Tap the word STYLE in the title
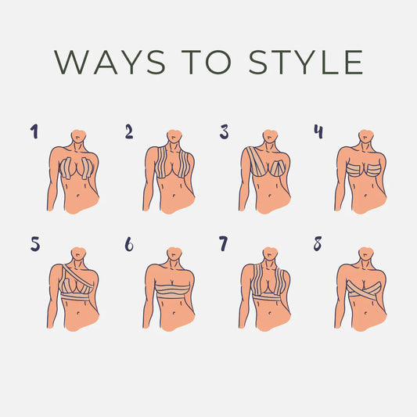[306, 62]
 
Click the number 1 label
[34, 131]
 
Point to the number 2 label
[129, 131]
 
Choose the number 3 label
[224, 132]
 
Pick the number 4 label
[318, 131]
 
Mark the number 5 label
[35, 244]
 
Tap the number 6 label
[129, 244]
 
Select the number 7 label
[224, 243]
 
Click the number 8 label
[318, 243]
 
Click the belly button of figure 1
[78, 196]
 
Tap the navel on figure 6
[174, 313]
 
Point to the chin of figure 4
[365, 138]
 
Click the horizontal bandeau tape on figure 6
[173, 292]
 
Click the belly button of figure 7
[270, 313]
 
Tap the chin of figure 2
[173, 138]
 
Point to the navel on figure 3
[270, 196]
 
